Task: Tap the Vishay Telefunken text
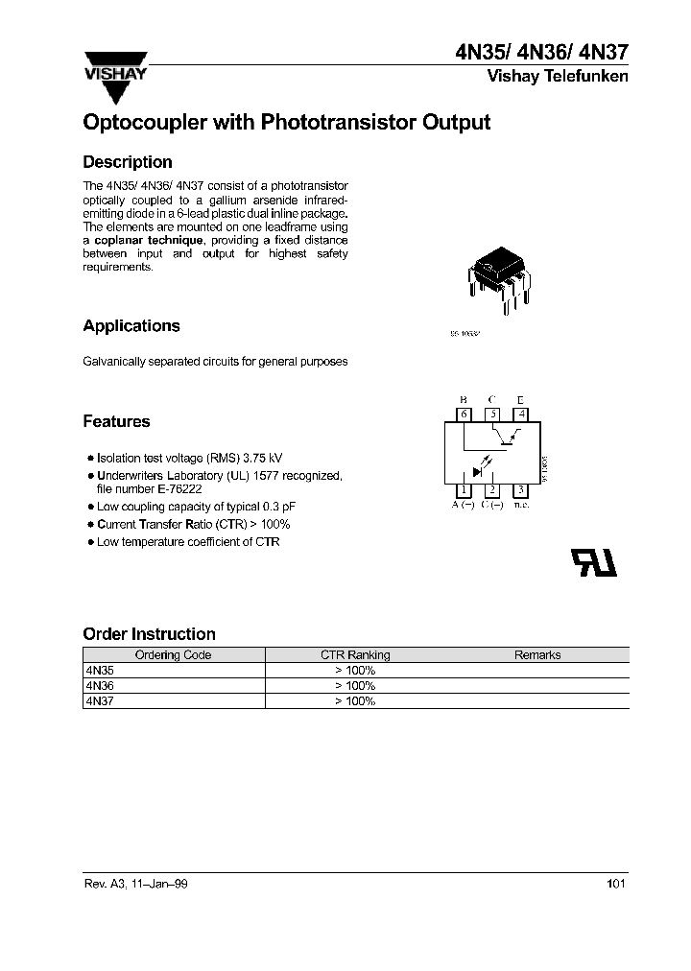[x=558, y=77]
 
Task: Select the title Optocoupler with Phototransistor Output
[x=287, y=123]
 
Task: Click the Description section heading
[x=128, y=162]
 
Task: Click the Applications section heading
[x=131, y=326]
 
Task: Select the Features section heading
[x=116, y=421]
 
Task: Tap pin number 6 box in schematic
[x=465, y=414]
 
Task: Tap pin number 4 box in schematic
[x=520, y=414]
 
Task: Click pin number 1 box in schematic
[x=465, y=490]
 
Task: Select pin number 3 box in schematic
[x=520, y=490]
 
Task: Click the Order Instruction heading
[x=149, y=634]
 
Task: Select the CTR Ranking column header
[x=355, y=655]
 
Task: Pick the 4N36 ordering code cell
[x=100, y=686]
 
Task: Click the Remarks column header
[x=537, y=655]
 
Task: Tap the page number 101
[x=616, y=884]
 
